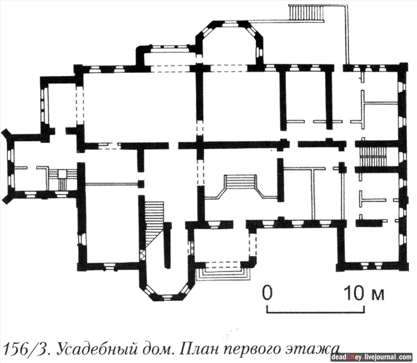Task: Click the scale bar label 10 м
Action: (363, 293)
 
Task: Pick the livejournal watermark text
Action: (371, 357)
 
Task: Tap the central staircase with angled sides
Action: (241, 186)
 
